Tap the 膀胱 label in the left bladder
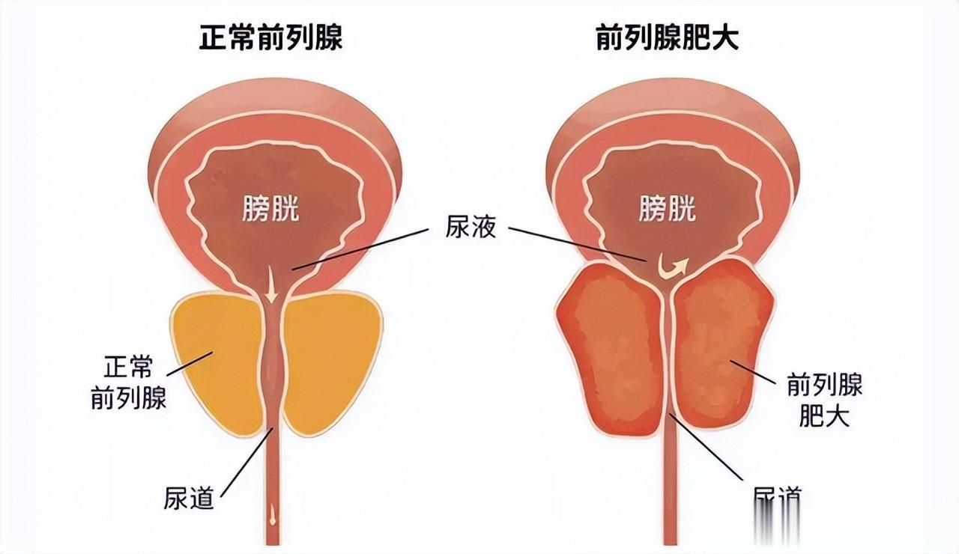point(270,209)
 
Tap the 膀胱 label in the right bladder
point(668,209)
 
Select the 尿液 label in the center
point(471,228)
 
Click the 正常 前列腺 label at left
point(128,383)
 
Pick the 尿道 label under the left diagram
point(189,497)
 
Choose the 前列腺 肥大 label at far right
point(824,401)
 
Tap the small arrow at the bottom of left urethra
point(272,515)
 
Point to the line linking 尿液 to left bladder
point(367,248)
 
